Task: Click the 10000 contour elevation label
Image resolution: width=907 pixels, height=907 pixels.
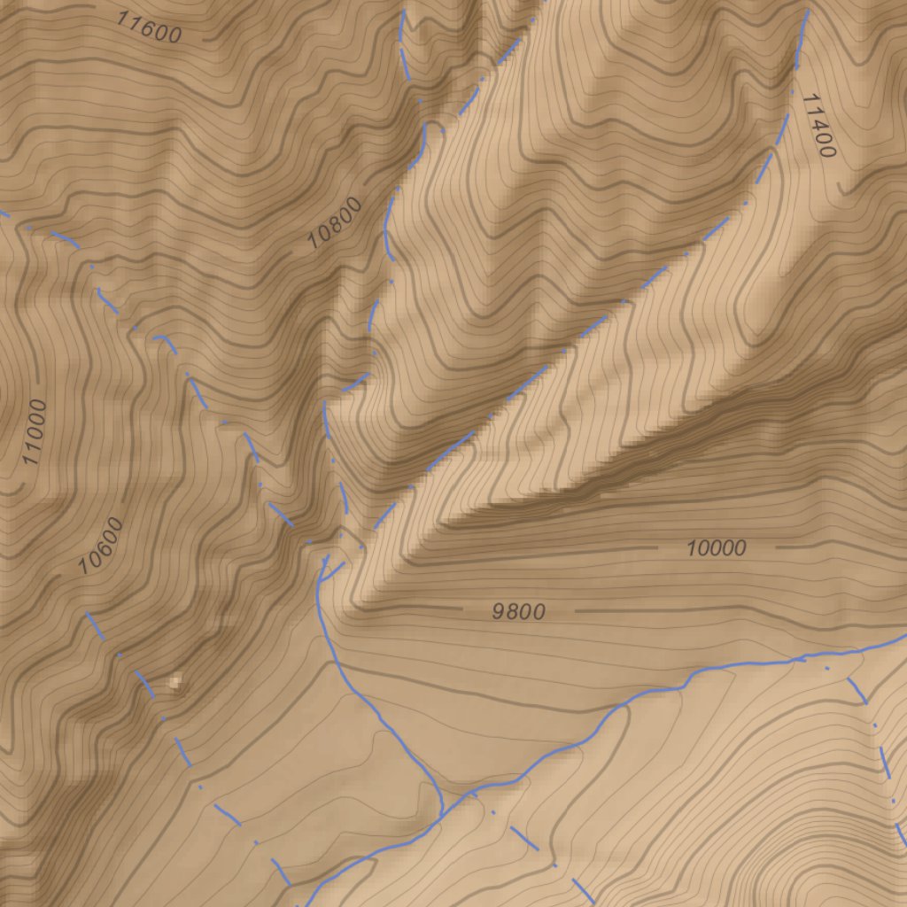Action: (x=716, y=548)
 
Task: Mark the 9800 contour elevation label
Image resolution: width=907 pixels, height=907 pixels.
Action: (x=518, y=612)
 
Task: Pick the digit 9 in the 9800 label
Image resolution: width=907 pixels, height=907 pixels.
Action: (x=498, y=612)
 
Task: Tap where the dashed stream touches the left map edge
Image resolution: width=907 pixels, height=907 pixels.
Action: (x=2, y=213)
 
